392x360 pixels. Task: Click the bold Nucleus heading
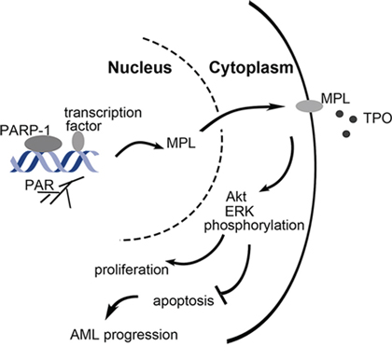[140, 67]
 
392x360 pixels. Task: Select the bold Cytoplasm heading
[251, 68]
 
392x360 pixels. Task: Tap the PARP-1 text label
[24, 130]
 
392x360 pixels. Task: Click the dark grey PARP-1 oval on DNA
[43, 144]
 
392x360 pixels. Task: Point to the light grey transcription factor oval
[78, 141]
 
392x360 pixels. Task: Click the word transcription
[103, 113]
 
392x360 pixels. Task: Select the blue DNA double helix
[54, 161]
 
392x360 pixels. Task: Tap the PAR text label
[39, 186]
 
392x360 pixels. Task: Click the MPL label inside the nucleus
[181, 143]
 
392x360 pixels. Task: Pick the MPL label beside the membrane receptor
[335, 99]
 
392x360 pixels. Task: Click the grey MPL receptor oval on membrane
[309, 106]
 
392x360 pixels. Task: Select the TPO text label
[377, 118]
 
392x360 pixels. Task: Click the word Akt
[236, 197]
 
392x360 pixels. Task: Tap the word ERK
[239, 212]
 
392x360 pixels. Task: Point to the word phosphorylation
[254, 226]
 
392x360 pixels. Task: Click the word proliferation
[132, 270]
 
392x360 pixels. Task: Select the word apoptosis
[184, 301]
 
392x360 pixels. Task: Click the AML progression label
[124, 335]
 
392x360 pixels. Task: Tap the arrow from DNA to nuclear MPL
[139, 145]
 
